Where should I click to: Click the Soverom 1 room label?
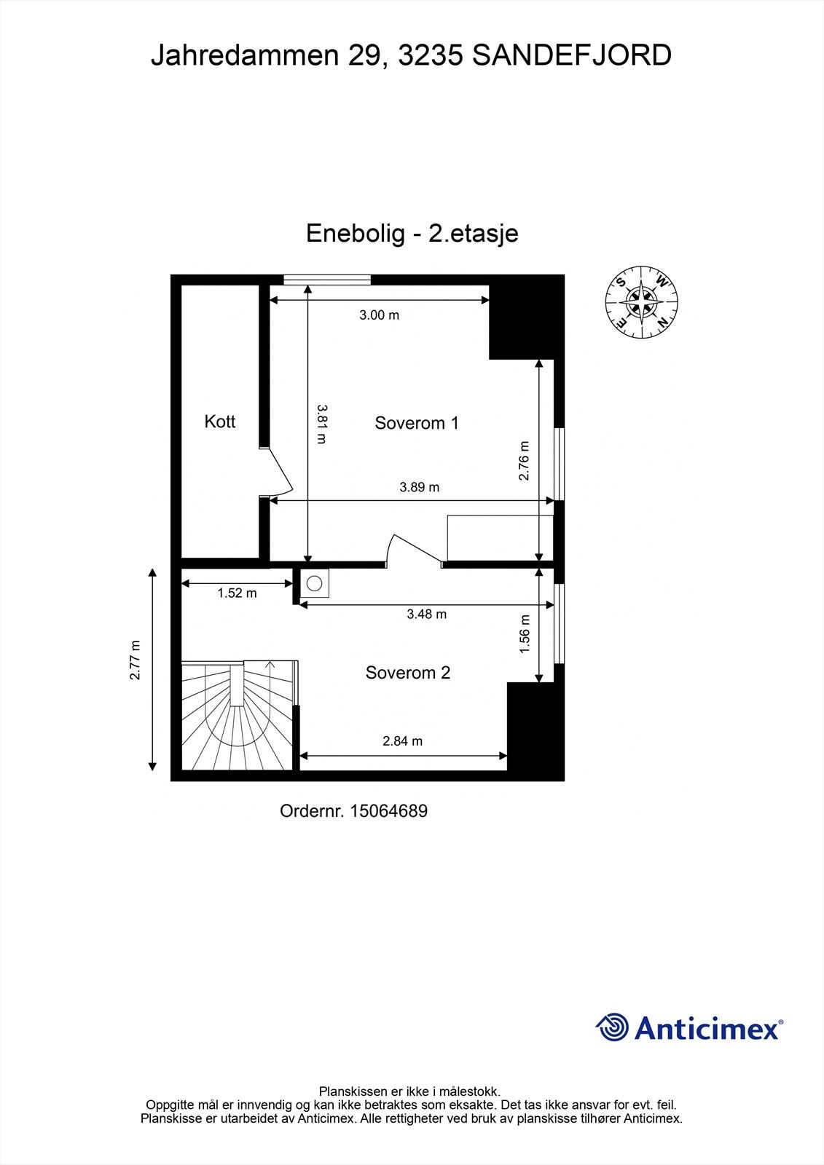(416, 423)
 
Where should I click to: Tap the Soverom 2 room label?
(407, 673)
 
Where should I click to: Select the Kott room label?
(219, 422)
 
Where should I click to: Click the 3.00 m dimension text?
(379, 315)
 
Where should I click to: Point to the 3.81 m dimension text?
(321, 423)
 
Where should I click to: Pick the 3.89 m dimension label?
(419, 487)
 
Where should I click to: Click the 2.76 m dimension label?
(524, 461)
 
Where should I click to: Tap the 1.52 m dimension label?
(237, 593)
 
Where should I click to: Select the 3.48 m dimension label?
(426, 615)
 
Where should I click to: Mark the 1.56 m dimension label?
(525, 634)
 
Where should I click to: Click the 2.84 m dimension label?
(402, 741)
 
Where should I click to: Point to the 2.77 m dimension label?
(134, 660)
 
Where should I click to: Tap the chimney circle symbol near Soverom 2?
(315, 583)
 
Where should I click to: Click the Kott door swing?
(278, 473)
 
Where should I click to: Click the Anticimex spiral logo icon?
(612, 1027)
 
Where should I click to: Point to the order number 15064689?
(388, 810)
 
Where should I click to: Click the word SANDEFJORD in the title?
(572, 55)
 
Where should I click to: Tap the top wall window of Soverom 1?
(327, 279)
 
